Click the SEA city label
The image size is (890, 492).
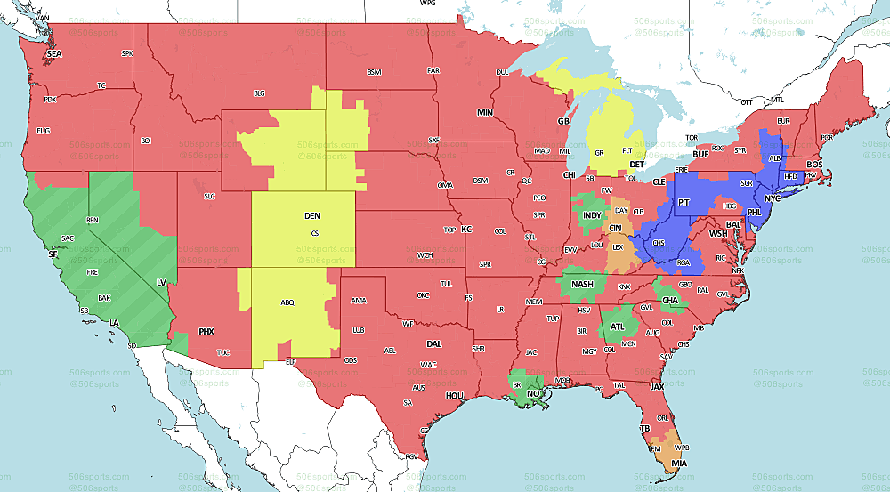pyautogui.click(x=54, y=54)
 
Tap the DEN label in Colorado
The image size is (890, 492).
pyautogui.click(x=312, y=216)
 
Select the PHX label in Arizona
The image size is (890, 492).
pyautogui.click(x=206, y=332)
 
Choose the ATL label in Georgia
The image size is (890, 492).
pyautogui.click(x=618, y=327)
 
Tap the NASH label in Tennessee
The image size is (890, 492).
pyautogui.click(x=582, y=285)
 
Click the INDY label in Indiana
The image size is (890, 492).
pyautogui.click(x=592, y=215)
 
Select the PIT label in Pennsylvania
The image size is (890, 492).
pyautogui.click(x=684, y=204)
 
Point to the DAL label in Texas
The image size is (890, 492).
pyautogui.click(x=434, y=343)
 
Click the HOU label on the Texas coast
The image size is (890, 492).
pyautogui.click(x=455, y=395)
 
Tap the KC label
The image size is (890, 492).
pyautogui.click(x=465, y=230)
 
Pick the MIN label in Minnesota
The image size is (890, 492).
pyautogui.click(x=485, y=113)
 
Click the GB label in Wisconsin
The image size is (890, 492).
pyautogui.click(x=563, y=121)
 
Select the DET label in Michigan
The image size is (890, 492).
pyautogui.click(x=636, y=165)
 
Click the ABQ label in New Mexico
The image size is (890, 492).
pyautogui.click(x=287, y=302)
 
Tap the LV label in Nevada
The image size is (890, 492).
pyautogui.click(x=162, y=282)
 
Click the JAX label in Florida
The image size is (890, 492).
pyautogui.click(x=657, y=388)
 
